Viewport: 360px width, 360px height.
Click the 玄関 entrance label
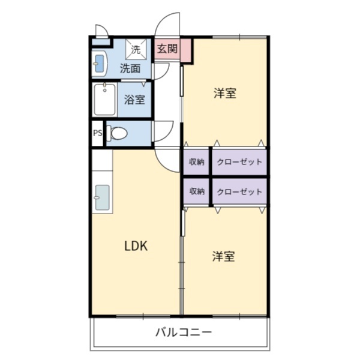(167, 49)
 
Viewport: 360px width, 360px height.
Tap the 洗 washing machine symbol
(136, 49)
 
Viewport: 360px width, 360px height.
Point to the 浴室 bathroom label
(134, 100)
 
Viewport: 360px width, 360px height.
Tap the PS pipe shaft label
(97, 133)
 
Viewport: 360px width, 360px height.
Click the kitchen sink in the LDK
(102, 197)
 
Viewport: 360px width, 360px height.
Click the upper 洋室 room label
(224, 93)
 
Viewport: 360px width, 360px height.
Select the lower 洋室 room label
(223, 256)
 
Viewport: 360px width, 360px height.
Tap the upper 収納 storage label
(197, 162)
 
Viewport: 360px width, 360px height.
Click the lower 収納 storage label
(197, 191)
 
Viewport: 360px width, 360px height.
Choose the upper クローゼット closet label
(239, 162)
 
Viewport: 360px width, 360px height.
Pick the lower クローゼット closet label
(239, 191)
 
